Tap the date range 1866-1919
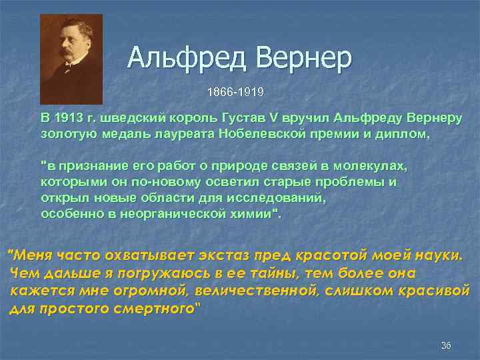coord(235,90)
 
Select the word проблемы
coord(357,181)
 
